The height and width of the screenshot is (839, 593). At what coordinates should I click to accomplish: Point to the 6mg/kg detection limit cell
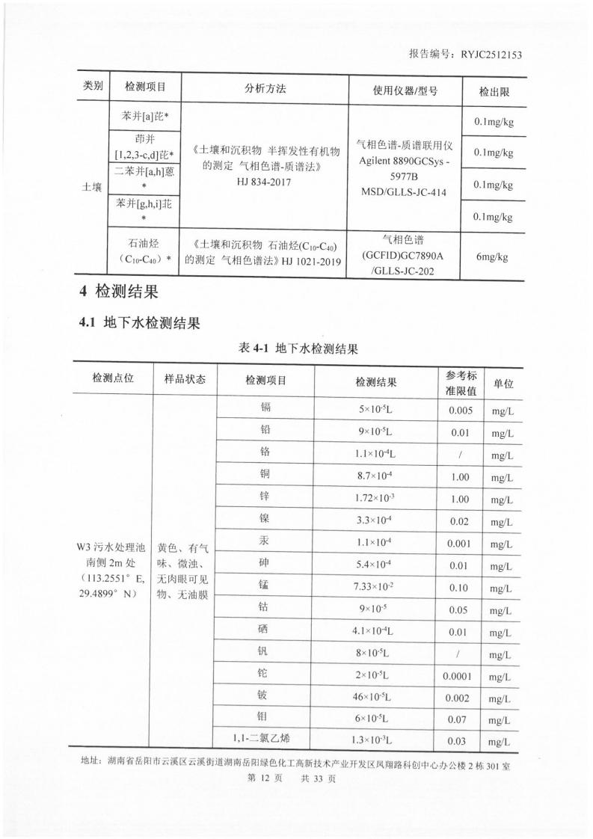491,256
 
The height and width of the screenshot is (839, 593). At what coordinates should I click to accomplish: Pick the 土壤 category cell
92,187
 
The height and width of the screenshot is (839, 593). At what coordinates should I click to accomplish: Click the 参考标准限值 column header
460,381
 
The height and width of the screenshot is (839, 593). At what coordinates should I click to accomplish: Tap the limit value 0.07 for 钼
458,719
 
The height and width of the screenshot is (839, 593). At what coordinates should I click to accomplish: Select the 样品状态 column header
184,379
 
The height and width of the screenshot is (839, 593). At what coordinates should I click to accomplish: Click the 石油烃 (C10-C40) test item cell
144,251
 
